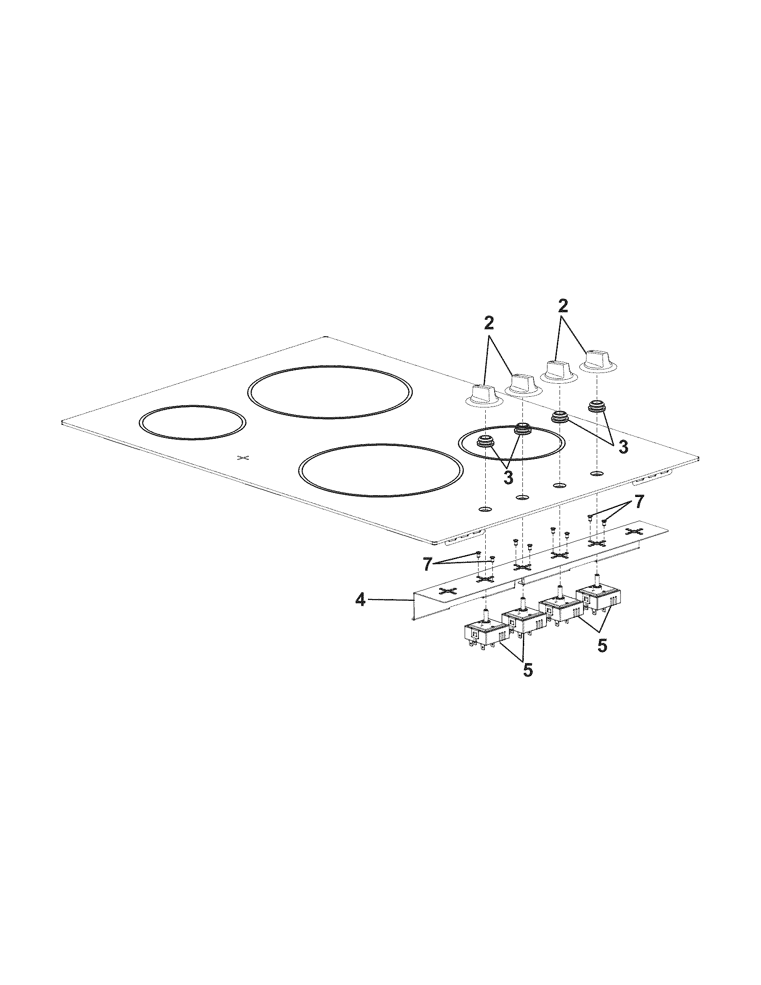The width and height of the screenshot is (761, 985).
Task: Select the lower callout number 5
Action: coord(528,682)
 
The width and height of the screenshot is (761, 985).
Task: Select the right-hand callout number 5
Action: coord(602,646)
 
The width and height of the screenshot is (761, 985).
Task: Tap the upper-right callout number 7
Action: coord(639,502)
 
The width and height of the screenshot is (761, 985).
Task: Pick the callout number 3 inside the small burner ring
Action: coord(508,477)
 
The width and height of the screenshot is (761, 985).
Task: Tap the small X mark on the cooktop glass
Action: coord(243,458)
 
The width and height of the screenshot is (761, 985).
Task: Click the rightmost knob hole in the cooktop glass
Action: coord(597,474)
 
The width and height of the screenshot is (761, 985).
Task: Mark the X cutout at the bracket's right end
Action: coord(635,531)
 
